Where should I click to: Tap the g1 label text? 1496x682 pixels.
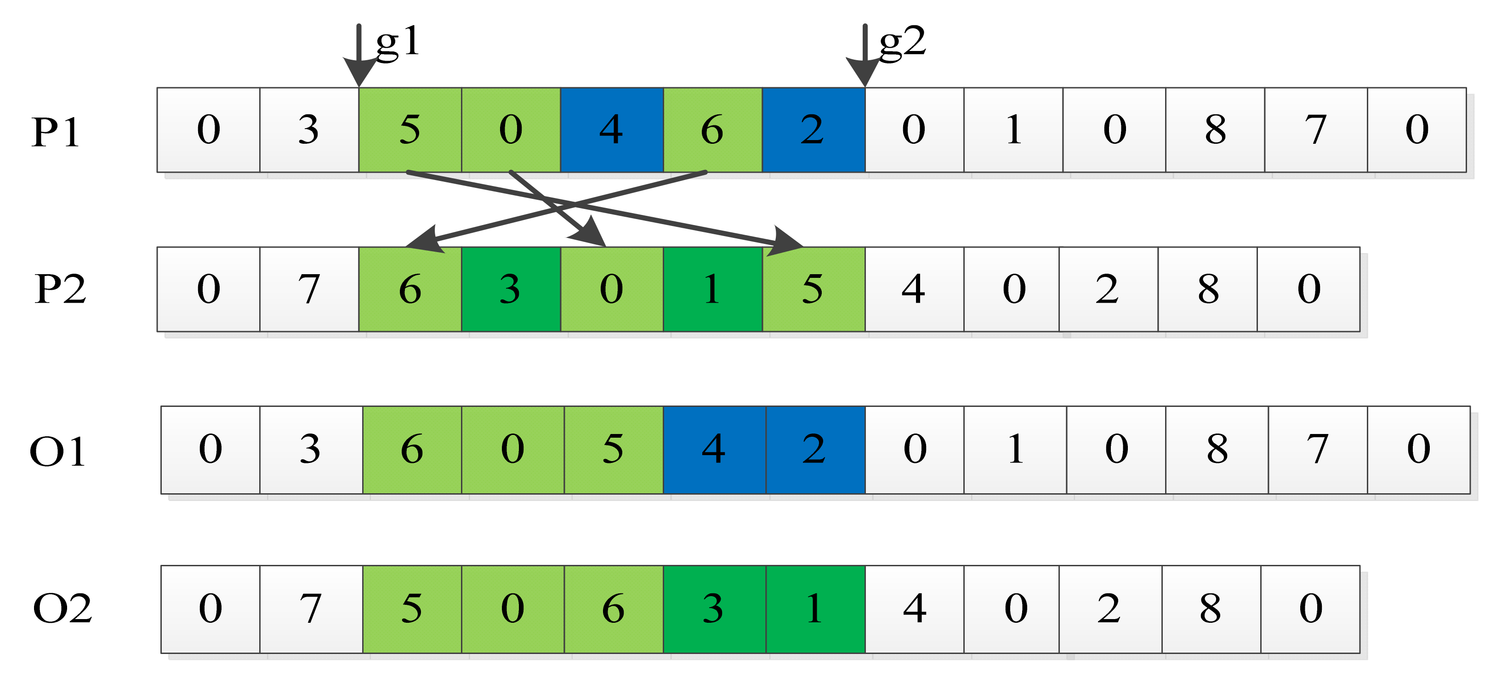coord(397,42)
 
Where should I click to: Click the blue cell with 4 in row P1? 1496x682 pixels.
coord(612,130)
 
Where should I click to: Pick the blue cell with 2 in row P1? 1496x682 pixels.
coord(813,130)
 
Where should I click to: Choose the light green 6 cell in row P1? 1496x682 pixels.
coord(712,130)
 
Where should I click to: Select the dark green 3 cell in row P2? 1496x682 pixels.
coord(511,289)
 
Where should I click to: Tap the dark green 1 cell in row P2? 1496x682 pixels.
coord(712,289)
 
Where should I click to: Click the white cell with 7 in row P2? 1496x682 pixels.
coord(309,289)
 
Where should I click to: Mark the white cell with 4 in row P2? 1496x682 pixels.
coord(914,289)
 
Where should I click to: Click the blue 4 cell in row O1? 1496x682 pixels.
coord(714,449)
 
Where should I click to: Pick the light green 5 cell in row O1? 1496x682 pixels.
coord(613,449)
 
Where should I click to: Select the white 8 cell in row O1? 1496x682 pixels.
coord(1217,449)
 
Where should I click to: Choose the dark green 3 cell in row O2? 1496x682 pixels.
coord(714,609)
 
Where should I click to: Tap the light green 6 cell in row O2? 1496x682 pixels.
coord(613,609)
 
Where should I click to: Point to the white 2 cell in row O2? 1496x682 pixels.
coord(1110,609)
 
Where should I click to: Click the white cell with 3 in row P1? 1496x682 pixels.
coord(309,130)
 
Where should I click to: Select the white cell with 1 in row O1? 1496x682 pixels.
coord(1015,449)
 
